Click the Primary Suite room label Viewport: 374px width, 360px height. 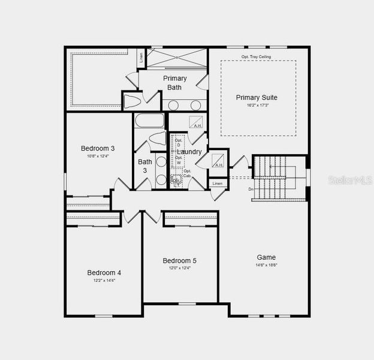click(x=257, y=97)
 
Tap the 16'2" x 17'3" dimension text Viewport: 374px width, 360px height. click(x=257, y=105)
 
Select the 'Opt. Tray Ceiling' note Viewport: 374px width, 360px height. click(x=256, y=57)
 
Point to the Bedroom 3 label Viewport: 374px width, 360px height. click(x=98, y=148)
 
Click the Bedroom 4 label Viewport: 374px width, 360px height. click(x=104, y=272)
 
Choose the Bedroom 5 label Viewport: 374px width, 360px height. click(x=179, y=260)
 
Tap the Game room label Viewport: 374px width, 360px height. click(x=266, y=257)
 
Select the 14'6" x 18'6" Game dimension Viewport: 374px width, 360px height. click(x=266, y=265)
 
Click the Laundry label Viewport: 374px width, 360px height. click(x=189, y=152)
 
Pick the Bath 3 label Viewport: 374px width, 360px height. click(x=145, y=166)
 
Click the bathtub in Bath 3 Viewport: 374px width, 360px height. click(x=149, y=121)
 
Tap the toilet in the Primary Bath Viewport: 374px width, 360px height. click(x=133, y=101)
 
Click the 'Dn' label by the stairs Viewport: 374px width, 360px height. click(x=251, y=189)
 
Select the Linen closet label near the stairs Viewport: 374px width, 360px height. click(x=218, y=183)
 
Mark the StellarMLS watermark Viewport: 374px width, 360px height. click(x=348, y=179)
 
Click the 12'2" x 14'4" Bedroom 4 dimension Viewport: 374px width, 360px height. click(x=104, y=280)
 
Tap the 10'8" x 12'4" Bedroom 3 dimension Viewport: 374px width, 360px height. click(x=98, y=156)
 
